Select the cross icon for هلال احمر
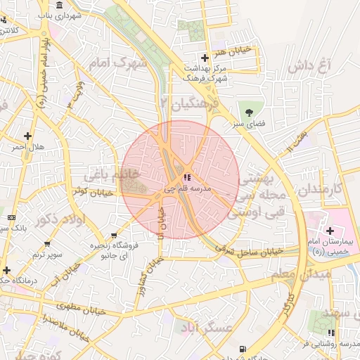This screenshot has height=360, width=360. [x=27, y=136]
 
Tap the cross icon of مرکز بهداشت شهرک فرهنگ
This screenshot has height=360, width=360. [x=205, y=58]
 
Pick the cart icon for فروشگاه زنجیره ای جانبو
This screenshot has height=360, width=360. [x=115, y=236]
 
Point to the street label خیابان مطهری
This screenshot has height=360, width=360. [x=82, y=309]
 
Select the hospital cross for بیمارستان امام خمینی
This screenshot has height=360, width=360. [x=329, y=231]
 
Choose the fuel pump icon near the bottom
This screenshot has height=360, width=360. [x=243, y=349]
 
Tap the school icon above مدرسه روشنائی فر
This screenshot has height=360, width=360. [x=331, y=333]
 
